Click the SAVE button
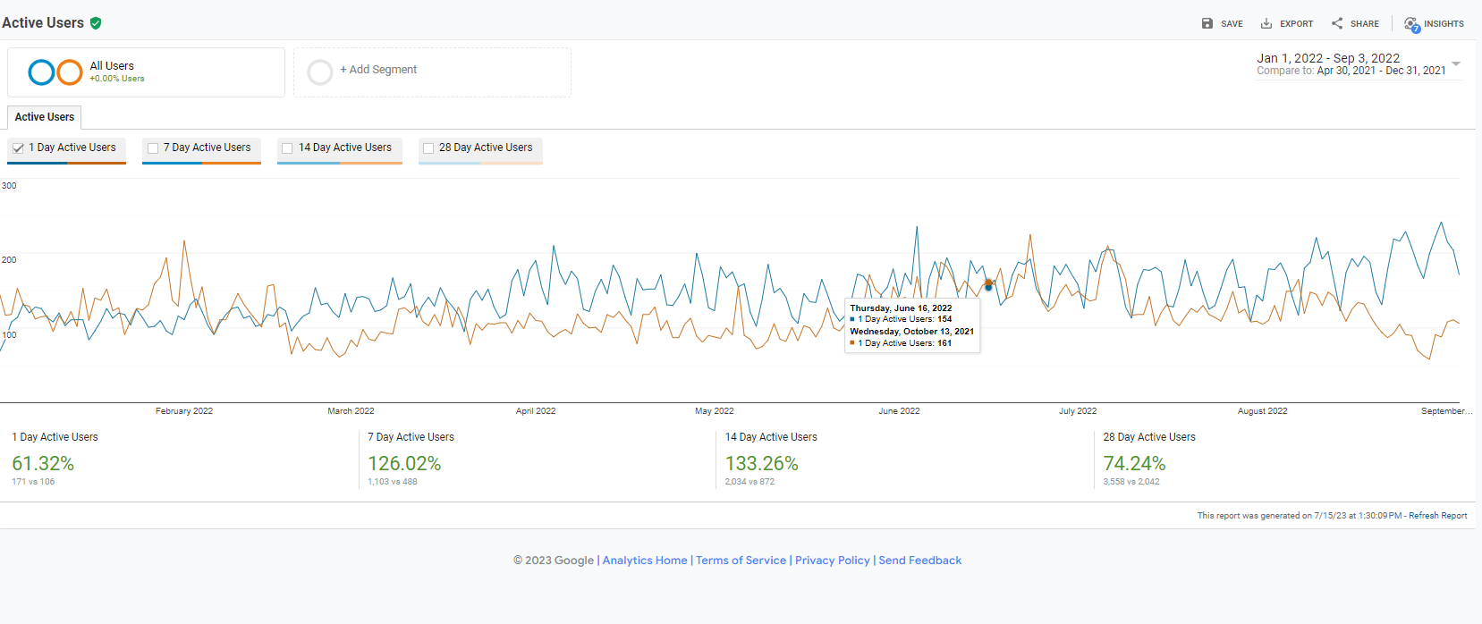pos(1222,24)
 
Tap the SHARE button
pos(1355,24)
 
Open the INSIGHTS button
pos(1434,24)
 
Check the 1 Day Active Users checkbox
pos(19,148)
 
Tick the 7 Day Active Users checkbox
pos(153,148)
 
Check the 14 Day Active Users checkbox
pos(287,148)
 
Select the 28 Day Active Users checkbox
pos(428,148)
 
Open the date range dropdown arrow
pos(1456,63)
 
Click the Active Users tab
pos(45,117)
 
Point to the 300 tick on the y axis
pos(9,186)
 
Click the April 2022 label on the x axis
pos(536,411)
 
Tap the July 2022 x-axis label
pos(1078,411)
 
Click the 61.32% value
pos(43,463)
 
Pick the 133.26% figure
pos(761,463)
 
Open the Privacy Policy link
pos(832,561)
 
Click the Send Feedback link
pos(919,561)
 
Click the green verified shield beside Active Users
pos(96,23)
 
